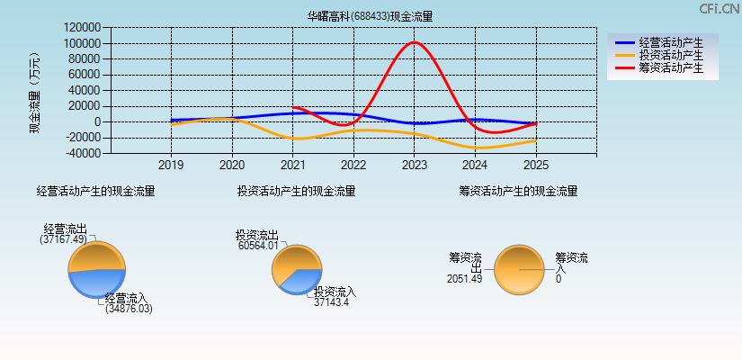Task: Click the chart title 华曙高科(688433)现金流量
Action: coord(370,16)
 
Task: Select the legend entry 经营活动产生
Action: coord(670,42)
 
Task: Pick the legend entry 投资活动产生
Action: coord(670,55)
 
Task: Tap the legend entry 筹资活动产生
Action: coord(670,67)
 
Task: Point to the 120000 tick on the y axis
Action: coord(82,28)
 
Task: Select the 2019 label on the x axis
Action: coord(171,166)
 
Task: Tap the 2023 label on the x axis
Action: coord(414,166)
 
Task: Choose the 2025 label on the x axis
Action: coord(535,166)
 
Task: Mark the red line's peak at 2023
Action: coord(414,41)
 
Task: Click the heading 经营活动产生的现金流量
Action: coord(95,191)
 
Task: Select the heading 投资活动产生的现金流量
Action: coord(296,191)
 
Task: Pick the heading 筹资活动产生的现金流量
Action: coord(518,191)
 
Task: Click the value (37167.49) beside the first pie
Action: coord(63,239)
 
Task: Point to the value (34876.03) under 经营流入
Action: coord(129,309)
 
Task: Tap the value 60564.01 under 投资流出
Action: coord(258,245)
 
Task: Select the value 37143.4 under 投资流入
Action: coord(331,302)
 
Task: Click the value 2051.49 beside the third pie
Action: coord(464,278)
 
